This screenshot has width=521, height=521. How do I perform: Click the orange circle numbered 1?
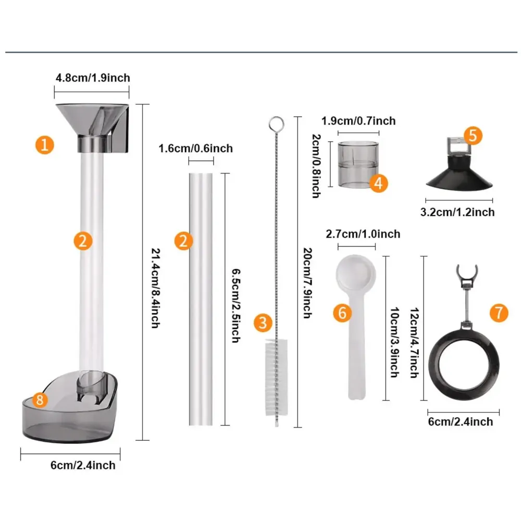(x=45, y=145)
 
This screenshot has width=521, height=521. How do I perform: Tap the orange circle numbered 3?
(x=264, y=322)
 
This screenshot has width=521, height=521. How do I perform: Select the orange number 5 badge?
(x=472, y=135)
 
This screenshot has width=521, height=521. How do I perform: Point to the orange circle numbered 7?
(x=499, y=313)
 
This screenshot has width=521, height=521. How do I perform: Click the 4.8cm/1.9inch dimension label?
(x=93, y=78)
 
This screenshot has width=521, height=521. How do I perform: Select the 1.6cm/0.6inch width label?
(x=195, y=148)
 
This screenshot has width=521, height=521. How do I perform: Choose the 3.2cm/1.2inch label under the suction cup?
(x=457, y=212)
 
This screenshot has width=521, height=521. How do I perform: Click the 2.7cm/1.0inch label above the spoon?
(x=363, y=234)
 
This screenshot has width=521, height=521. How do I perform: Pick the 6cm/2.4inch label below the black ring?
(x=460, y=421)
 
